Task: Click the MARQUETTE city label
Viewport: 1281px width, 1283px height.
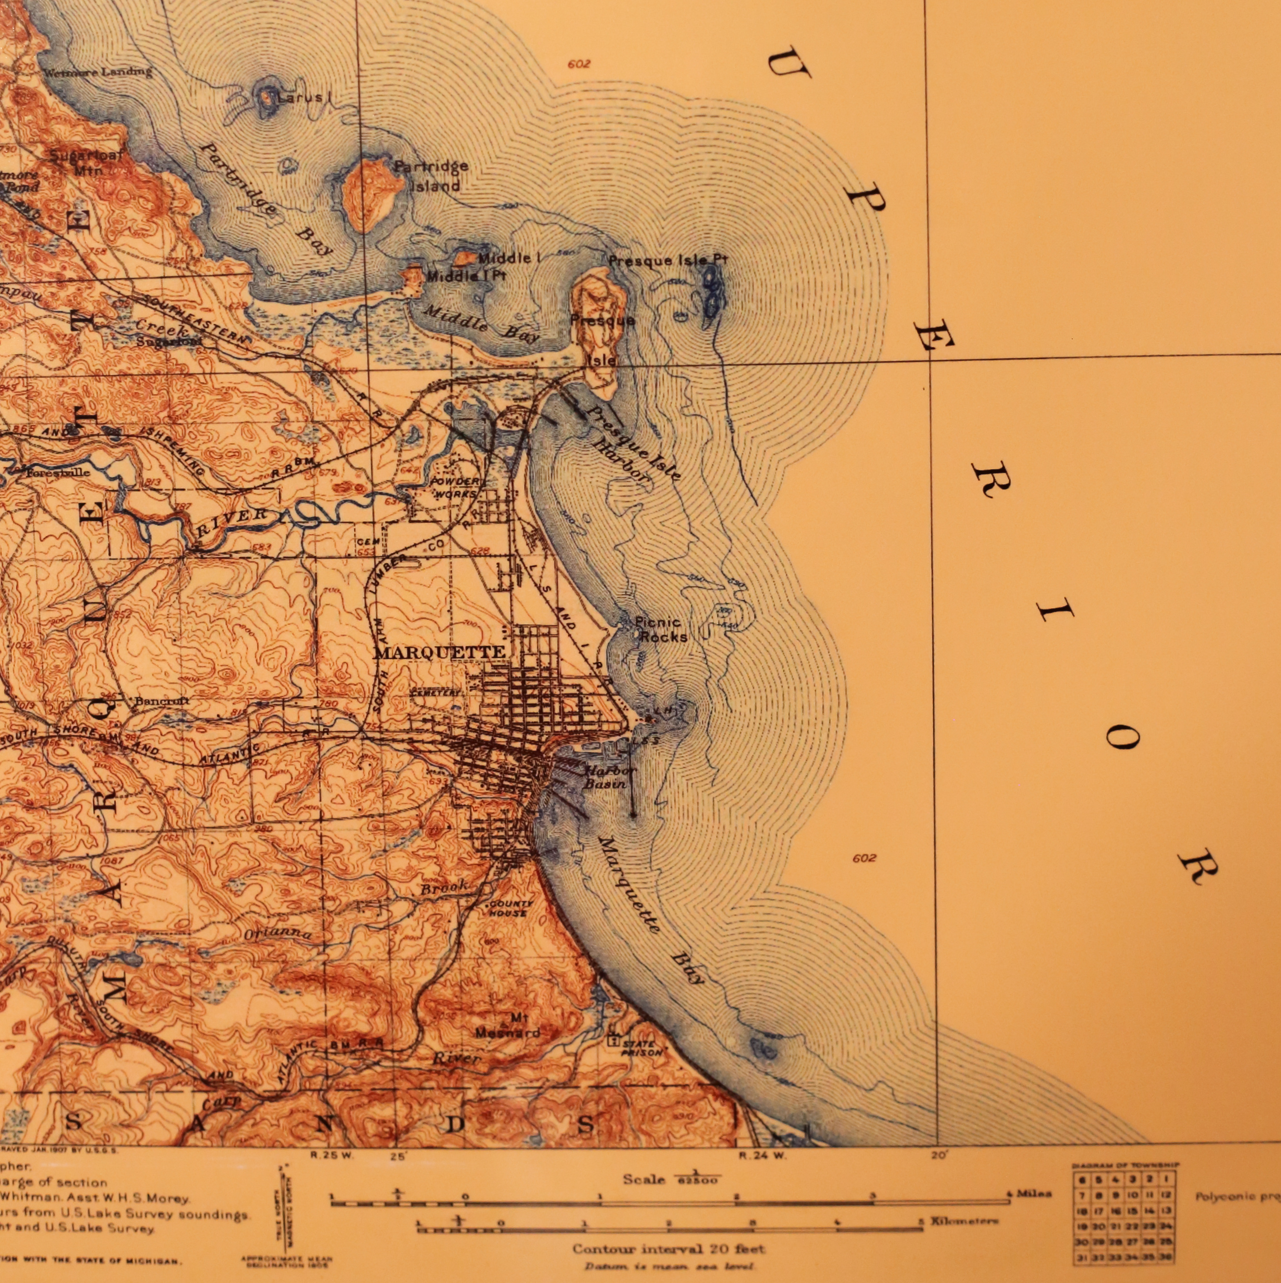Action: (x=440, y=652)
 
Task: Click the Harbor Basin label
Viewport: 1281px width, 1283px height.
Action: (x=608, y=777)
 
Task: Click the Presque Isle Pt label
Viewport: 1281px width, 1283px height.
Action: (x=668, y=260)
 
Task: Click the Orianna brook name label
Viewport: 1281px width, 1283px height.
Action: (x=277, y=934)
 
